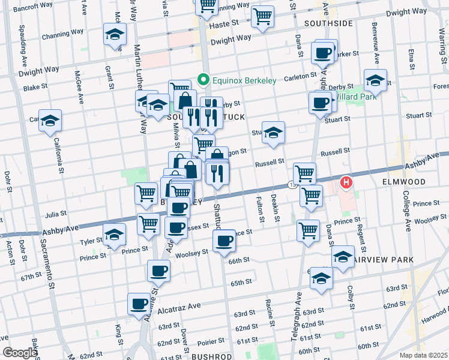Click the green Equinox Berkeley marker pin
click(x=203, y=79)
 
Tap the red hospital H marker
click(x=346, y=182)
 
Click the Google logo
click(x=20, y=353)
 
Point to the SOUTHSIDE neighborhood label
click(x=328, y=23)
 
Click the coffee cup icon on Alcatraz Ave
click(x=139, y=303)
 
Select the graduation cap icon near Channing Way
click(x=115, y=34)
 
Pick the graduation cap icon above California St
click(x=50, y=120)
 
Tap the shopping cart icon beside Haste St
click(x=262, y=17)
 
